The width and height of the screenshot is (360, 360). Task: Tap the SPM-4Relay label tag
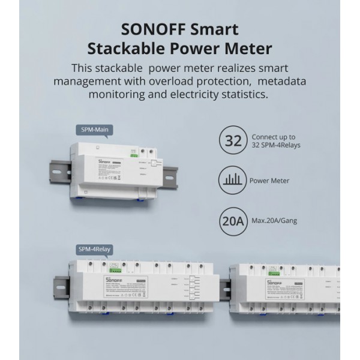94,249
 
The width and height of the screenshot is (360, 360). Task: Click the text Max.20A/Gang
275,221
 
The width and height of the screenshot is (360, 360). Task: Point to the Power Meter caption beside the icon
269,180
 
